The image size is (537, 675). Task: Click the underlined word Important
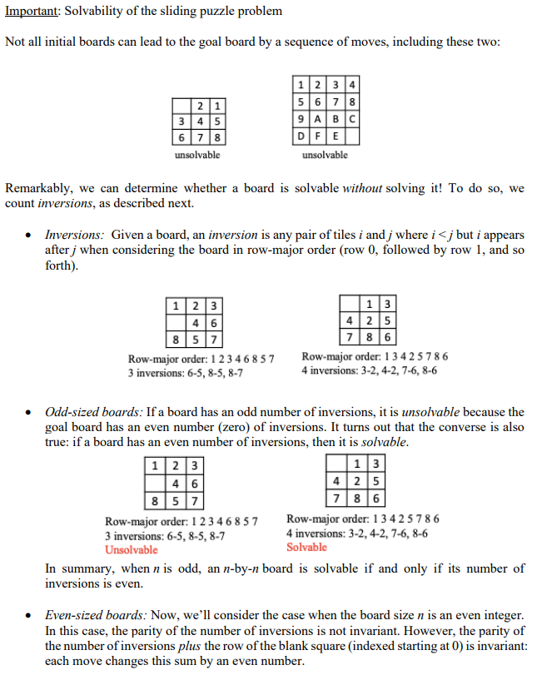pos(30,11)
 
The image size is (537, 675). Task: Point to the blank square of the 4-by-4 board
pos(353,133)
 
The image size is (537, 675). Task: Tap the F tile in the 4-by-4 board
pos(318,133)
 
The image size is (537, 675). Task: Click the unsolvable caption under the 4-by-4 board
pos(325,155)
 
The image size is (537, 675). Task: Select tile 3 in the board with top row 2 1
pos(180,122)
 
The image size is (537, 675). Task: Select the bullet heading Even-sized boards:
pos(97,615)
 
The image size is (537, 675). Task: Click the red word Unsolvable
pos(131,550)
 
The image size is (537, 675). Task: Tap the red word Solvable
pos(306,547)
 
